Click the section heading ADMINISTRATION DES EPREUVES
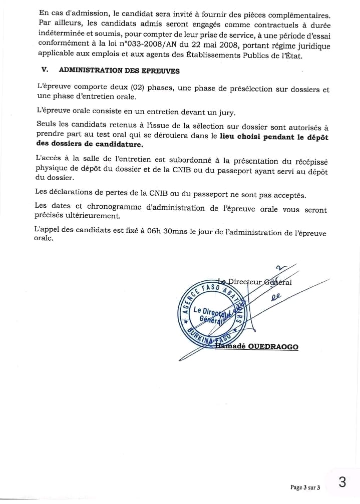pos(119,71)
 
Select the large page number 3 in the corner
pos(342,482)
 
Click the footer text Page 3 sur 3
pos(305,487)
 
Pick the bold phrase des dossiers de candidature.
pos(90,144)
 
